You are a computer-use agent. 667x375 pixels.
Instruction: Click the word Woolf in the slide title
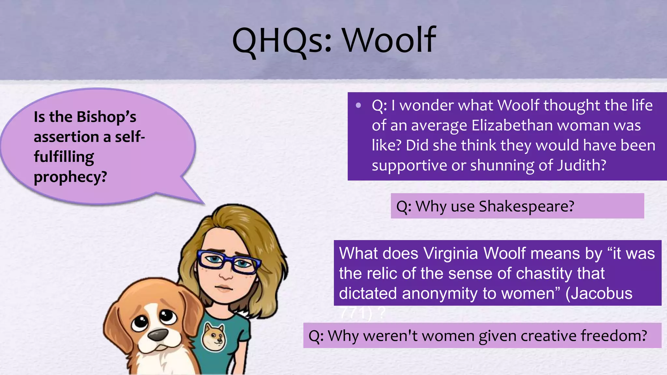(389, 40)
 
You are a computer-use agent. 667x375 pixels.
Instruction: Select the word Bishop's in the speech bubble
(106, 117)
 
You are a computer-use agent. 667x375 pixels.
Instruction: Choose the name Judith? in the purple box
(581, 165)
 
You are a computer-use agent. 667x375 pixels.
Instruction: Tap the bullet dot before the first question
(359, 105)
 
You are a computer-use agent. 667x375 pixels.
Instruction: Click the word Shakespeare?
(527, 206)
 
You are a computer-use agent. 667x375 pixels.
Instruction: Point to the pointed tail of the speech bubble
(195, 197)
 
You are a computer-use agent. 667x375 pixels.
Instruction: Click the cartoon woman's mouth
(223, 288)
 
